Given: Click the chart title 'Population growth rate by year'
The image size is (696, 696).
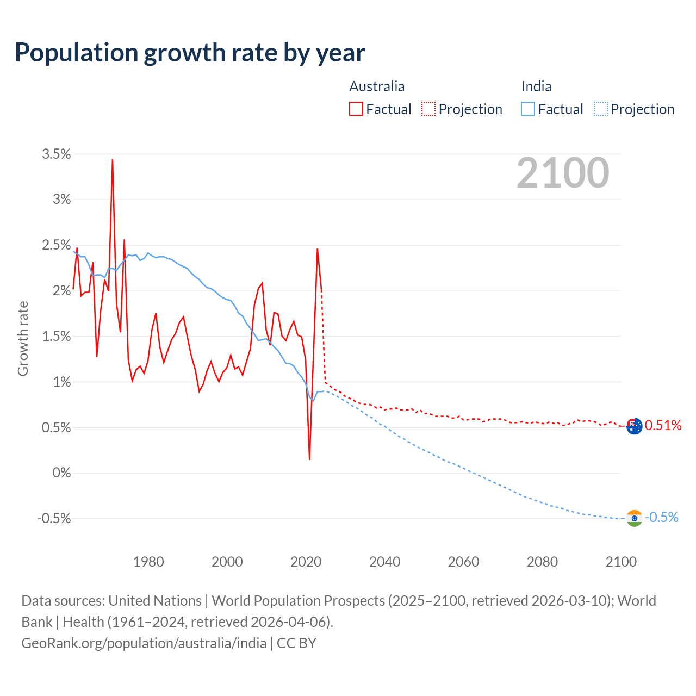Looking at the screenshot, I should coord(190,53).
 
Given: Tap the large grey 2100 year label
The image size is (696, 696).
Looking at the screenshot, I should coord(562,173).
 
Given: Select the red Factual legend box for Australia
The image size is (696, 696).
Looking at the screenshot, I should coord(356,109).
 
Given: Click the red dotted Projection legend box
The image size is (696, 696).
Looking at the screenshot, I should coord(428,109).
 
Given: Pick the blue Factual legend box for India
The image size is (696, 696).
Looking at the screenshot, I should coord(528,109).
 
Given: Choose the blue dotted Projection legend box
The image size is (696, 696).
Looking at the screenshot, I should coord(600,109).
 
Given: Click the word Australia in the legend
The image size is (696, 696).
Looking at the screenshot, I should coord(377,86).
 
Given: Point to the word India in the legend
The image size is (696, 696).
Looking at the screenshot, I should coord(536,86).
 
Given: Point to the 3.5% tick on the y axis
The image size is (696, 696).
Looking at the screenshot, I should coord(57,154).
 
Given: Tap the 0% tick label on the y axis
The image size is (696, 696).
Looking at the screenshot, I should coord(61,473).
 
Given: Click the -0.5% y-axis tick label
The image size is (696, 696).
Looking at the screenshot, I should coord(54,518).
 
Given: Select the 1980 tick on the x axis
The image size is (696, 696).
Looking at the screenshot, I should coord(148,562).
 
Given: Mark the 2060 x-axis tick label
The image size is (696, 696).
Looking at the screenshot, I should coord(463,562).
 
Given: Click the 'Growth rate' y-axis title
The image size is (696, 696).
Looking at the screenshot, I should coord(23,338).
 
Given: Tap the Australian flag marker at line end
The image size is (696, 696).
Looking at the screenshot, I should coord(634,426).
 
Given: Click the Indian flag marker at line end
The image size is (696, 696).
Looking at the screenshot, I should coord(634,518).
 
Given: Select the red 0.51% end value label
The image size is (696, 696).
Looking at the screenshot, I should coord(663,425).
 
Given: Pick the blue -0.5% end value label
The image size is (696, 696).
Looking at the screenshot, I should coord(661,517).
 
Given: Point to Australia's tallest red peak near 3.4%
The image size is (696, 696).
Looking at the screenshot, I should coord(113,160).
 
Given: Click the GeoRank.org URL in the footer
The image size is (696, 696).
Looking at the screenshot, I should coord(144,643).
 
